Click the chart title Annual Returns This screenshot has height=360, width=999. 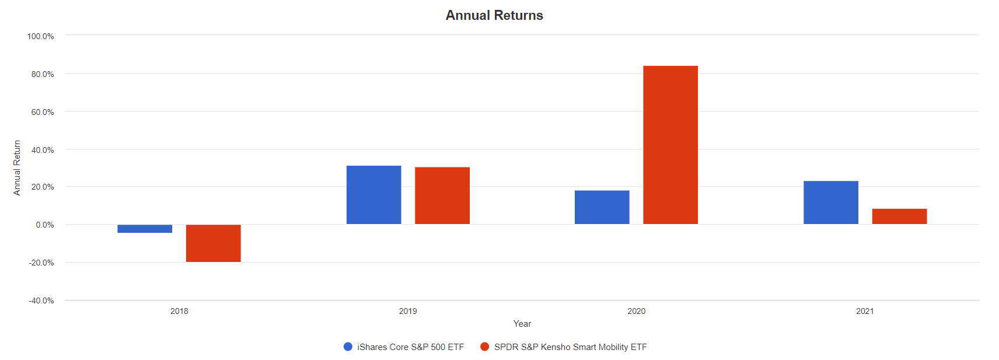[494, 15]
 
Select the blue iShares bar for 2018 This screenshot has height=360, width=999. [145, 229]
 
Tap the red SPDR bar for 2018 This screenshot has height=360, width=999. [213, 243]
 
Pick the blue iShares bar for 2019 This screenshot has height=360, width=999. [373, 195]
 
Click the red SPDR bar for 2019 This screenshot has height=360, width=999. [442, 195]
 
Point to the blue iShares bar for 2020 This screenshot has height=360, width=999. [602, 207]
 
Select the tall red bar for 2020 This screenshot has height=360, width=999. [670, 145]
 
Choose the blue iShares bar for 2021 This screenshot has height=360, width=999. [830, 202]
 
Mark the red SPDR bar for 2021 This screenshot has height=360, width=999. [899, 216]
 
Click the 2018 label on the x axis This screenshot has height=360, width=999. [179, 311]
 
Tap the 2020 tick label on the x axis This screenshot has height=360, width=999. [636, 311]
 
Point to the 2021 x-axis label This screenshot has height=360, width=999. [865, 311]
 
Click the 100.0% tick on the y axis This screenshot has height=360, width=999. [40, 36]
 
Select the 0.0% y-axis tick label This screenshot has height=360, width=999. [44, 225]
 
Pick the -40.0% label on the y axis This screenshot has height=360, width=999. [41, 300]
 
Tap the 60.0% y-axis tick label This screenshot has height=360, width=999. [43, 112]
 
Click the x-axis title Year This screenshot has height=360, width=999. [522, 324]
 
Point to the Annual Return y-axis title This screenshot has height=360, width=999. [17, 167]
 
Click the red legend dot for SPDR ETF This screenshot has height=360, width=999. [484, 347]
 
